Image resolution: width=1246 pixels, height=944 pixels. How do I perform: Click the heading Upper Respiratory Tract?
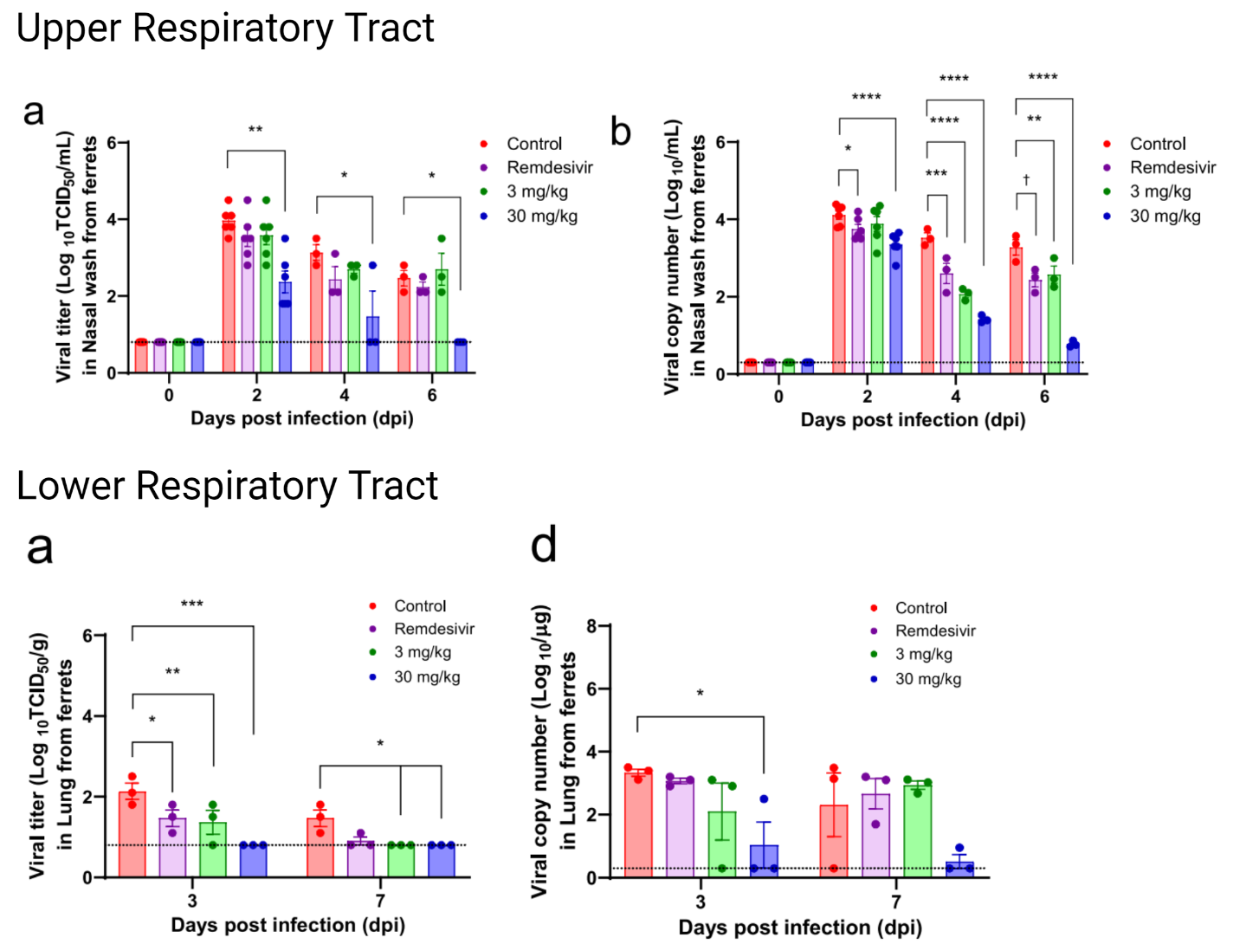pos(225,28)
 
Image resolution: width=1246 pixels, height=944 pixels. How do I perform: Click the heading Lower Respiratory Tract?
pos(227,485)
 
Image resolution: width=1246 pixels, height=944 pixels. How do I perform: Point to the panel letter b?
pos(620,132)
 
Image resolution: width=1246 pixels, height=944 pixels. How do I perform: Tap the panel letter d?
pos(543,546)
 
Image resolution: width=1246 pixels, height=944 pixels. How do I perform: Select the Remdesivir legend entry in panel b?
pos(1172,167)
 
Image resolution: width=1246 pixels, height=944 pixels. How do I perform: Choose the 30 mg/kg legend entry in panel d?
pos(927,679)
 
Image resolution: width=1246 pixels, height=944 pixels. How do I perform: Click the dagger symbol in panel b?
pos(1026,179)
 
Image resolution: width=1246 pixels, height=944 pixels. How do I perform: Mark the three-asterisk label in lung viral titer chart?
pos(191,604)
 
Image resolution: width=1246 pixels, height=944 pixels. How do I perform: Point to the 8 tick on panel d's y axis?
pos(591,625)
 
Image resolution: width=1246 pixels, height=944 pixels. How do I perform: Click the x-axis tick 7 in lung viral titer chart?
pos(380,901)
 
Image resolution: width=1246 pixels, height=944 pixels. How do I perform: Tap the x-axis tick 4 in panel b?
pos(956,396)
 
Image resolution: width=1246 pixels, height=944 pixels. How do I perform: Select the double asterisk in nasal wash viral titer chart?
pos(255,130)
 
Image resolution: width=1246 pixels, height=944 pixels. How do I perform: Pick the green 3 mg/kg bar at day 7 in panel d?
pos(918,831)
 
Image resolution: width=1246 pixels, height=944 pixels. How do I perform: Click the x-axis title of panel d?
pos(799,928)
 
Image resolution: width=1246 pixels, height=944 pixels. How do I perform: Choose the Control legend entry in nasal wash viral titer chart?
pos(533,144)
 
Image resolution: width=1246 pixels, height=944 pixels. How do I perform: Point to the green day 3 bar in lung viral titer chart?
pos(213,850)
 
